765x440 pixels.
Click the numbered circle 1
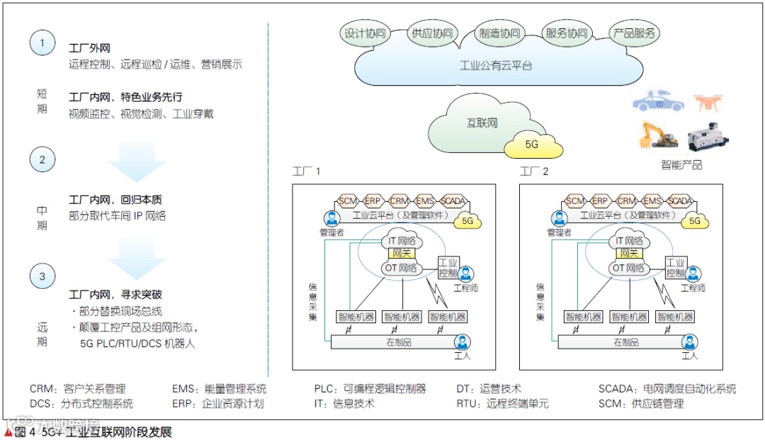pos(42,43)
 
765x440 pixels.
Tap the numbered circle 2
pos(42,159)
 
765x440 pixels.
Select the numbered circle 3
pos(42,276)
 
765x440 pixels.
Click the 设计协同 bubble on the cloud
pos(365,33)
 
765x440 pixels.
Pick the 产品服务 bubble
pos(634,33)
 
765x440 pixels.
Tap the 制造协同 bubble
pos(499,33)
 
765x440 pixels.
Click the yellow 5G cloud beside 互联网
pos(532,145)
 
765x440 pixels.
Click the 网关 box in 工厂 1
pos(402,253)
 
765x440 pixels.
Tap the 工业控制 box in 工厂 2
pos(675,267)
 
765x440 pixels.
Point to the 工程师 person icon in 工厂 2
pos(693,274)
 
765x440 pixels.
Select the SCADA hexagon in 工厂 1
pos(453,201)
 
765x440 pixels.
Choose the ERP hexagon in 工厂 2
pos(601,201)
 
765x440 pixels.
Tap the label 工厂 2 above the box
pos(534,171)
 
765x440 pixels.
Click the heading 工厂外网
pos(89,49)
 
